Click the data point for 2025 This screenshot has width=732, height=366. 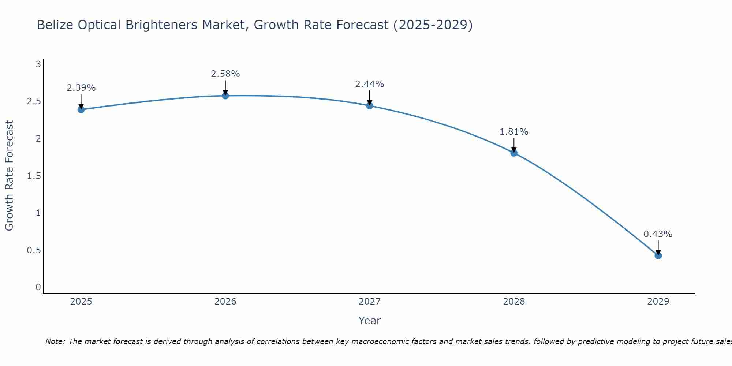81,109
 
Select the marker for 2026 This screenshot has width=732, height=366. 225,96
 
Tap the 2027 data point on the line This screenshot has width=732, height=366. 370,106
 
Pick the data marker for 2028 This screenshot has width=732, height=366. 514,153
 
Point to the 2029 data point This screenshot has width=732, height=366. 658,255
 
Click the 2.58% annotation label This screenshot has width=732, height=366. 225,74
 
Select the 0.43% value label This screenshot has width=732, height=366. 658,234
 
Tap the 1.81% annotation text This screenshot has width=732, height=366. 514,132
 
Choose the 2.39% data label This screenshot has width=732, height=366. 81,88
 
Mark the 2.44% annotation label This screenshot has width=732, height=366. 370,84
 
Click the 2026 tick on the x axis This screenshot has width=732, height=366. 225,302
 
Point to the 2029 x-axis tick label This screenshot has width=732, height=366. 658,302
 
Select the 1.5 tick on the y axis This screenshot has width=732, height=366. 34,176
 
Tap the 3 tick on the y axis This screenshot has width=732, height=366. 38,65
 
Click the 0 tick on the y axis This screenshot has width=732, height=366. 38,287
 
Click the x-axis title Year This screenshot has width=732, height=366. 370,321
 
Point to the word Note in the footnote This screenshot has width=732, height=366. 55,341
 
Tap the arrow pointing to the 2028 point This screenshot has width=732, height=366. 514,145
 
